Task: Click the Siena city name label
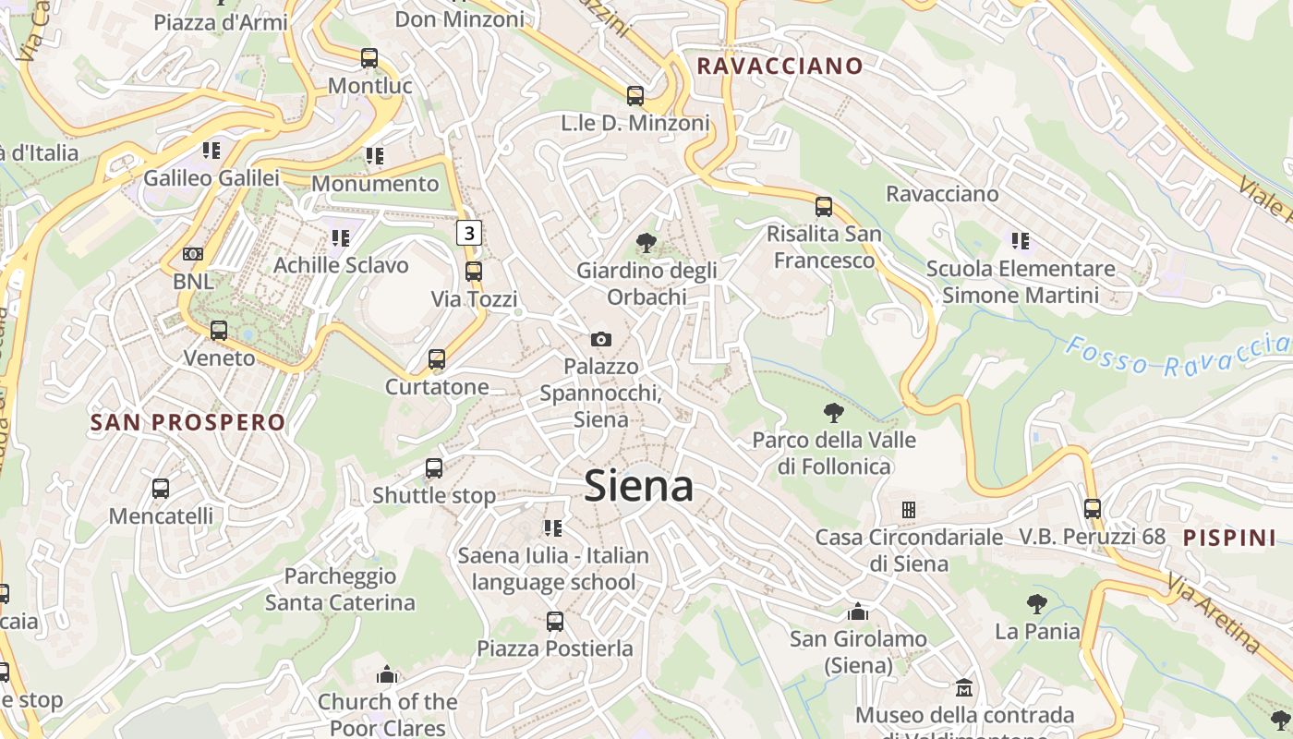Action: (x=638, y=486)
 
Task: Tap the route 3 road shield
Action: (x=469, y=233)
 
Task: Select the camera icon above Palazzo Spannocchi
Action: (x=601, y=339)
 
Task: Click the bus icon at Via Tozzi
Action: (x=474, y=272)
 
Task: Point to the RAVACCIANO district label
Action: (x=779, y=67)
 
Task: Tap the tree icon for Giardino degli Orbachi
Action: (x=646, y=243)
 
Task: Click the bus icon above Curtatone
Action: (x=437, y=358)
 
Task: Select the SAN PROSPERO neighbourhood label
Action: (x=188, y=423)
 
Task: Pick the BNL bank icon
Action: (x=193, y=253)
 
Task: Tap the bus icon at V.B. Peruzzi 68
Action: (x=1093, y=508)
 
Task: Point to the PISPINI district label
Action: (x=1229, y=538)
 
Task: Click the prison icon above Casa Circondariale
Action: (x=909, y=509)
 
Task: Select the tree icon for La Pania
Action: (x=1037, y=604)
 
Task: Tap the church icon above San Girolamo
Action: (x=858, y=612)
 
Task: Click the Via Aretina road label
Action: (x=1213, y=612)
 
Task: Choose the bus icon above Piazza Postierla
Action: (x=555, y=622)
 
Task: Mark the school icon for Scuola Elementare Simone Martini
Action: (x=1021, y=241)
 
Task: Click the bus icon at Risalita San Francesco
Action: (x=824, y=207)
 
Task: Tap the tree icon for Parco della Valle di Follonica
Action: (x=834, y=412)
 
